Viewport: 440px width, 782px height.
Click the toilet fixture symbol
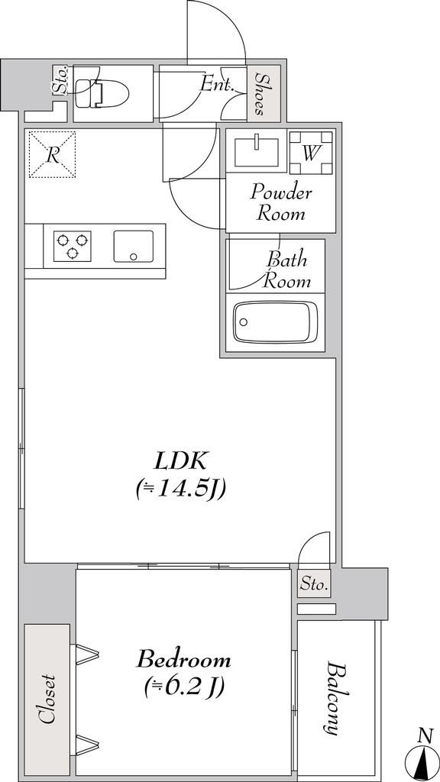(x=102, y=93)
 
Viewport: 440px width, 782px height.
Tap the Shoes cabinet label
(x=260, y=93)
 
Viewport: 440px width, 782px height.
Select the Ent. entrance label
(x=217, y=85)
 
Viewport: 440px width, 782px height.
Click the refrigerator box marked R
(x=52, y=154)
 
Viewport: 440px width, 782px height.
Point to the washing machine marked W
(x=311, y=153)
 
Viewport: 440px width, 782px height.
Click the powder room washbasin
(x=257, y=150)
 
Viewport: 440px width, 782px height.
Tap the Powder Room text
(x=281, y=202)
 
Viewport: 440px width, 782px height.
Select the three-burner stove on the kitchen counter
(x=73, y=246)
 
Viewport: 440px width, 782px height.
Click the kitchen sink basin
(x=133, y=246)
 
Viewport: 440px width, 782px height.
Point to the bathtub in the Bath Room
(x=275, y=323)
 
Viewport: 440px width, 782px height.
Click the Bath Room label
(x=288, y=270)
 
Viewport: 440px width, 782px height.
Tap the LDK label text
(x=180, y=462)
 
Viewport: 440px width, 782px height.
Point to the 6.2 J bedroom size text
(x=183, y=688)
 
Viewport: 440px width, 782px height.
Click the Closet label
(x=48, y=699)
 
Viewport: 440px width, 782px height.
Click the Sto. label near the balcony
(x=315, y=583)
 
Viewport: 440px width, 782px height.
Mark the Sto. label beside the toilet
(x=60, y=82)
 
